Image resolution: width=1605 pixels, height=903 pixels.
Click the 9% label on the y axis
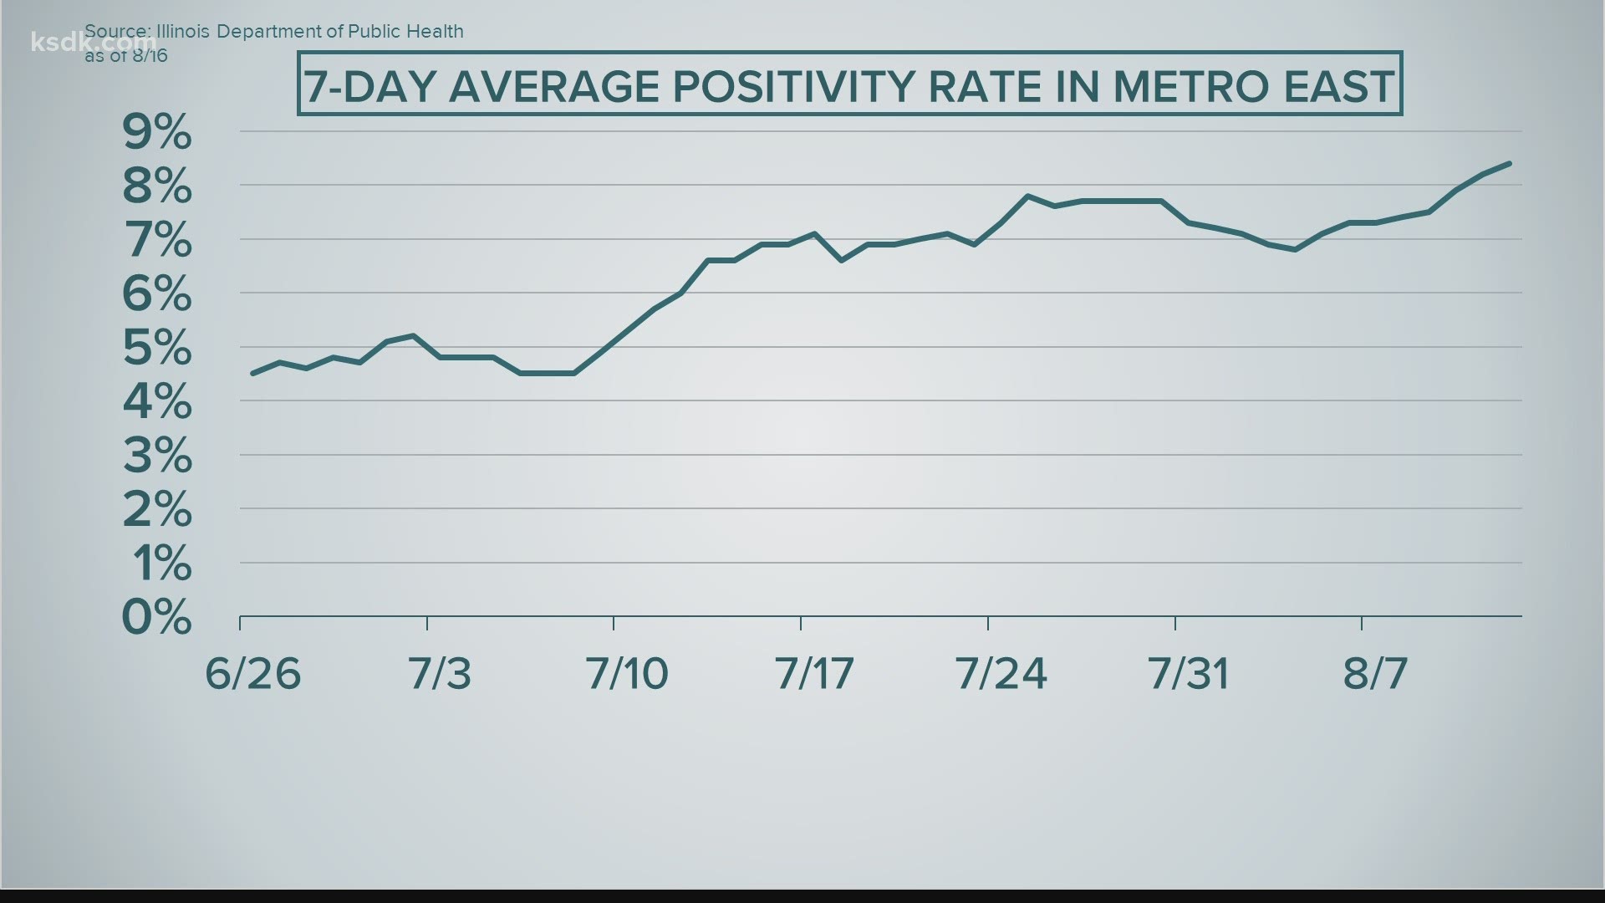click(x=157, y=132)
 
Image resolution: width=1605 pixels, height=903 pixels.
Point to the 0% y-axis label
click(x=157, y=618)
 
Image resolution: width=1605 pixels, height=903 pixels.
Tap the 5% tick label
click(x=157, y=348)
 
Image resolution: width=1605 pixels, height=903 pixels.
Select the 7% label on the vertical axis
click(x=157, y=240)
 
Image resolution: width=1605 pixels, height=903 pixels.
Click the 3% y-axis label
click(x=157, y=456)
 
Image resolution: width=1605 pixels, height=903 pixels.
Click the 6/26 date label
click(x=252, y=674)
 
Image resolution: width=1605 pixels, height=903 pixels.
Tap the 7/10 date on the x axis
click(x=627, y=674)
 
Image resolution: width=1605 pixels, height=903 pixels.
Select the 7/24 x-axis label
click(x=1001, y=674)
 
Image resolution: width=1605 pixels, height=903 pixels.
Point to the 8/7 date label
click(x=1375, y=674)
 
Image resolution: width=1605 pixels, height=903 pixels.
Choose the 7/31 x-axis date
click(x=1189, y=674)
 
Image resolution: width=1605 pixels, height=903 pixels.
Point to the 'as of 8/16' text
click(x=126, y=56)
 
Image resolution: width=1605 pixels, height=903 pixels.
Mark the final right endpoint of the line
click(x=1510, y=163)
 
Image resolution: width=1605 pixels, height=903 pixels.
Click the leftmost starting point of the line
click(x=252, y=373)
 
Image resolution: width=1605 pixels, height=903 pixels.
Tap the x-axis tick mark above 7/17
click(x=801, y=623)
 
